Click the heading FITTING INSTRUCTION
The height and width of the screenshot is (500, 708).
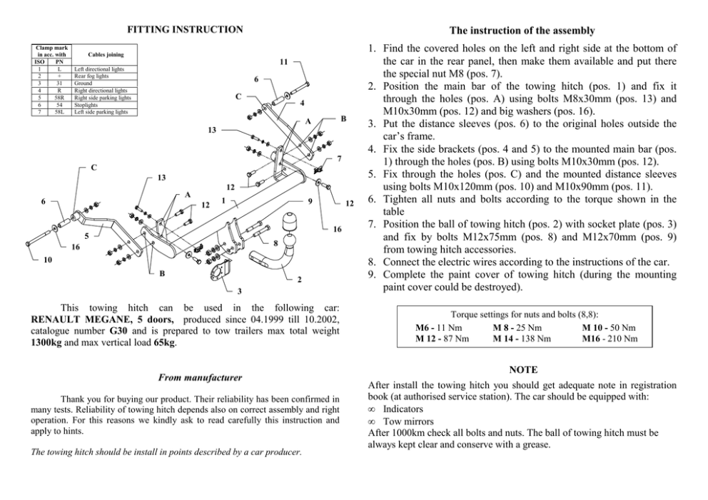point(185,29)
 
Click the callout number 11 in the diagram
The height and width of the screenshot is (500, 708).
point(284,63)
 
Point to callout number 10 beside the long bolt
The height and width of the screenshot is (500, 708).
point(47,260)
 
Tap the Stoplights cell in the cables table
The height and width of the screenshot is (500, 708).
point(88,107)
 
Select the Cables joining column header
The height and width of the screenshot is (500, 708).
point(106,53)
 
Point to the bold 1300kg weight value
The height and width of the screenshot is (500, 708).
point(49,342)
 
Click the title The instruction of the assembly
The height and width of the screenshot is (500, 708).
point(522,31)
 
